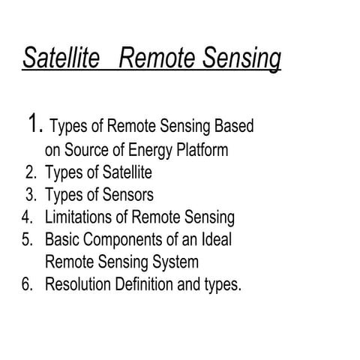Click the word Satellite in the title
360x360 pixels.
coord(61,58)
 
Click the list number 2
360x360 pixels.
coord(31,173)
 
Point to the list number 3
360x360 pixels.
coord(31,196)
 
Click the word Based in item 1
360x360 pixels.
coord(233,127)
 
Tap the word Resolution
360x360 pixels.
coord(80,286)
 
